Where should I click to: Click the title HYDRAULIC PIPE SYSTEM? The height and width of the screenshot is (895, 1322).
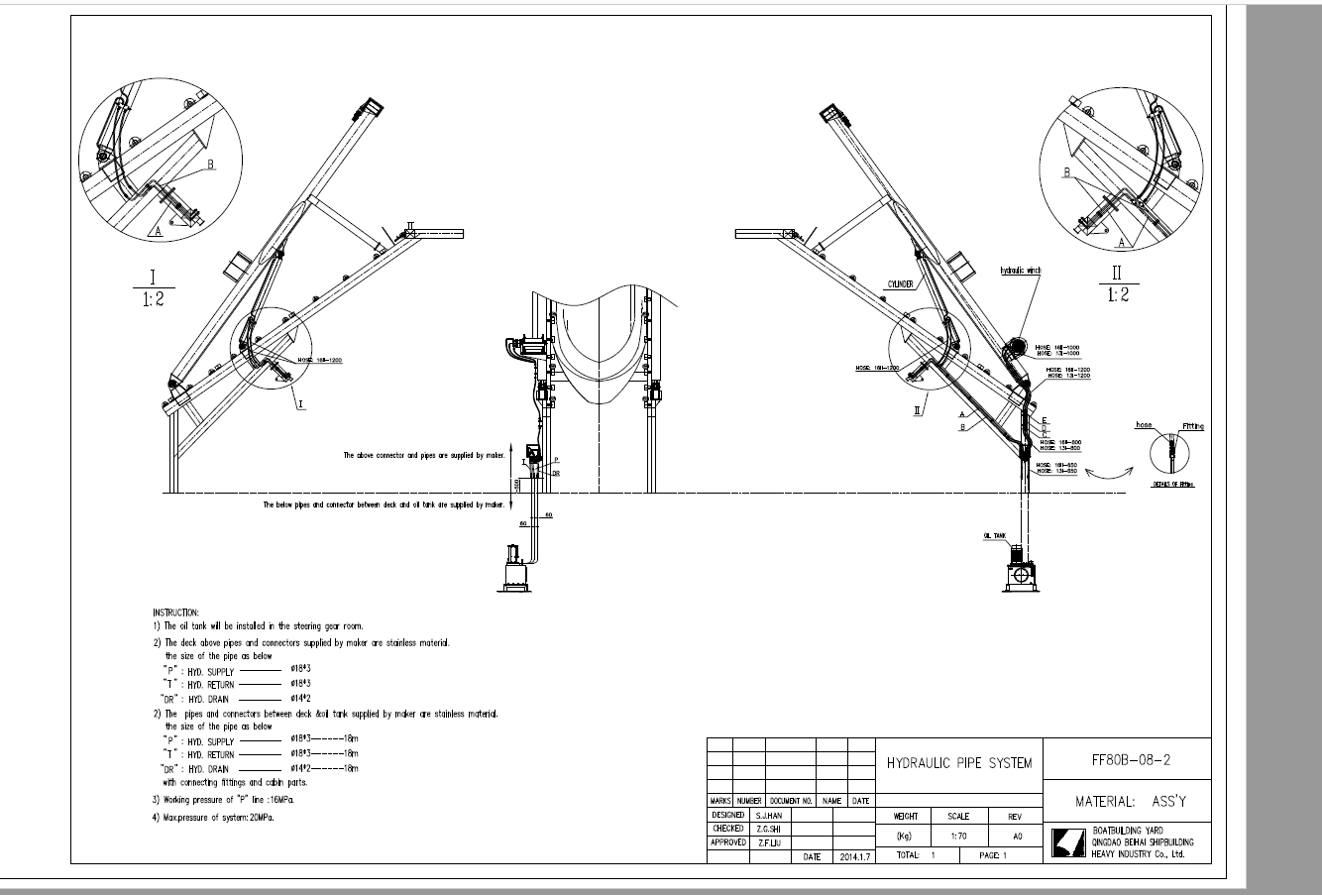click(x=958, y=763)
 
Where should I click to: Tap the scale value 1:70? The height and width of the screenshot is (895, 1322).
click(x=957, y=836)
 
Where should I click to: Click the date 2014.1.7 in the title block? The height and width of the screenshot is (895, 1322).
click(x=853, y=854)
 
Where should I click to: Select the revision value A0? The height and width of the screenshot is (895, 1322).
click(x=1014, y=836)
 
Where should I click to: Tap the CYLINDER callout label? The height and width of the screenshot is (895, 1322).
click(x=899, y=284)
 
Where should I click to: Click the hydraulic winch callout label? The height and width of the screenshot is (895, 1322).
click(x=1021, y=270)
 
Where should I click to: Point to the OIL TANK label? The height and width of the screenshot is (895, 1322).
click(x=995, y=535)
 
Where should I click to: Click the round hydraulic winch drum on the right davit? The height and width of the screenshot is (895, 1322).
click(x=1014, y=350)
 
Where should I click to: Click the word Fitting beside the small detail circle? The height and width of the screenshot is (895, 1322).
click(x=1193, y=426)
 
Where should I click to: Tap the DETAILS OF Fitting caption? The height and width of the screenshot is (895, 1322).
click(x=1173, y=485)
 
